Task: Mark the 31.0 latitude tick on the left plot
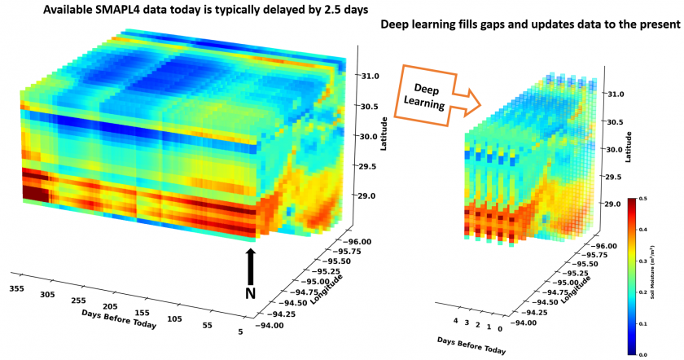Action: [370, 76]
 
